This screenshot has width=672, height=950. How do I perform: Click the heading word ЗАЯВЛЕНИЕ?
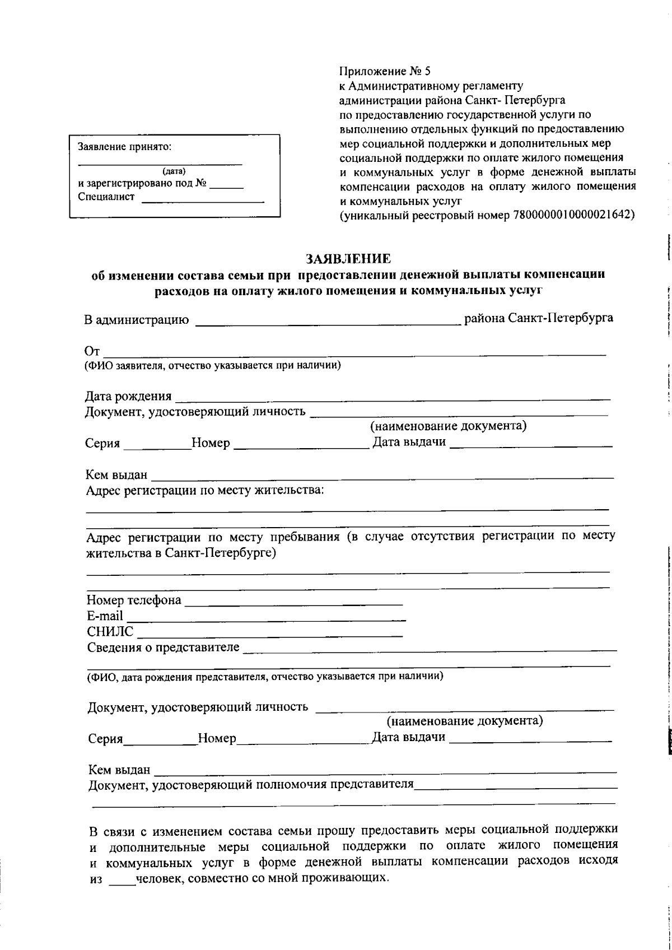pyautogui.click(x=348, y=258)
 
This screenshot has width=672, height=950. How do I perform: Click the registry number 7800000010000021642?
pyautogui.click(x=572, y=215)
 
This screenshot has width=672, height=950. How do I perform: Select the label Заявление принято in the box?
pyautogui.click(x=124, y=147)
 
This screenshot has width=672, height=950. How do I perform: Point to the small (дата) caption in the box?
pyautogui.click(x=174, y=171)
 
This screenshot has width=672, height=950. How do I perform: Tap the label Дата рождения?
pyautogui.click(x=128, y=397)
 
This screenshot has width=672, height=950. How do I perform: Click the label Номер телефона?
pyautogui.click(x=134, y=600)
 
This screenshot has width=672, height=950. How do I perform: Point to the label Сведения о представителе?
pyautogui.click(x=163, y=648)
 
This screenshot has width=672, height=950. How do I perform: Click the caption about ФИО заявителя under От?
pyautogui.click(x=213, y=366)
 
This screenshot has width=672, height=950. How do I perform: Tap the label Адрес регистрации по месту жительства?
pyautogui.click(x=204, y=491)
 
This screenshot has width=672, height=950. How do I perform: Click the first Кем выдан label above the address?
pyautogui.click(x=116, y=475)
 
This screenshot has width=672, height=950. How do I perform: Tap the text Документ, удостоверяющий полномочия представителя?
pyautogui.click(x=251, y=784)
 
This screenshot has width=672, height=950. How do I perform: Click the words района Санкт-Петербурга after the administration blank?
pyautogui.click(x=538, y=318)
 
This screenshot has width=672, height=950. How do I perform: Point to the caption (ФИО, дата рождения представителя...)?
pyautogui.click(x=265, y=676)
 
